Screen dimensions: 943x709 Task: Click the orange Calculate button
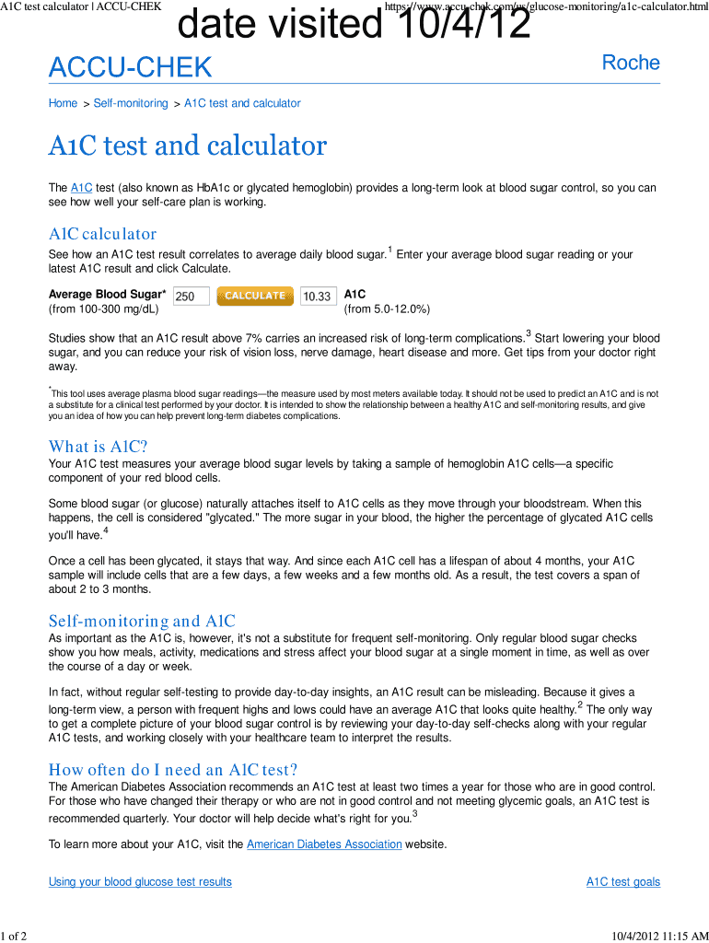coord(254,296)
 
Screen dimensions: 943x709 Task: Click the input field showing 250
coord(192,297)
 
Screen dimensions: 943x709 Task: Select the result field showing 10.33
coord(318,297)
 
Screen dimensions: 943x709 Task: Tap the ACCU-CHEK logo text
coord(130,67)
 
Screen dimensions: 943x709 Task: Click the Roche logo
coord(631,63)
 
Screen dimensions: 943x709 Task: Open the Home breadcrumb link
coord(63,103)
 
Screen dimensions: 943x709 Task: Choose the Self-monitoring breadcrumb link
coord(131,103)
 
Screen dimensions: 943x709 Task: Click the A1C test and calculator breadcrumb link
coord(242,103)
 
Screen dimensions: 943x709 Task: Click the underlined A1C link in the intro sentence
coord(81,188)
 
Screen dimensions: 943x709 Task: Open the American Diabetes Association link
coord(324,844)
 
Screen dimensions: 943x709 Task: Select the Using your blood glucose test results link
coord(140,882)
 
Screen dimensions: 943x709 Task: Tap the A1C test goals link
coord(623,882)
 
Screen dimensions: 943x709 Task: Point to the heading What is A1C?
coord(98,447)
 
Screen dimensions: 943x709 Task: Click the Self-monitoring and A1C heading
coord(142,622)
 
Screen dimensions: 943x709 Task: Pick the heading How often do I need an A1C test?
coord(173,770)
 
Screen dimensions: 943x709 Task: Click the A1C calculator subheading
coord(102,234)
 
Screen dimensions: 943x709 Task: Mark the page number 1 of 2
coord(15,936)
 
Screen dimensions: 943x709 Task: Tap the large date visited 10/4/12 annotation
coord(354,25)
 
